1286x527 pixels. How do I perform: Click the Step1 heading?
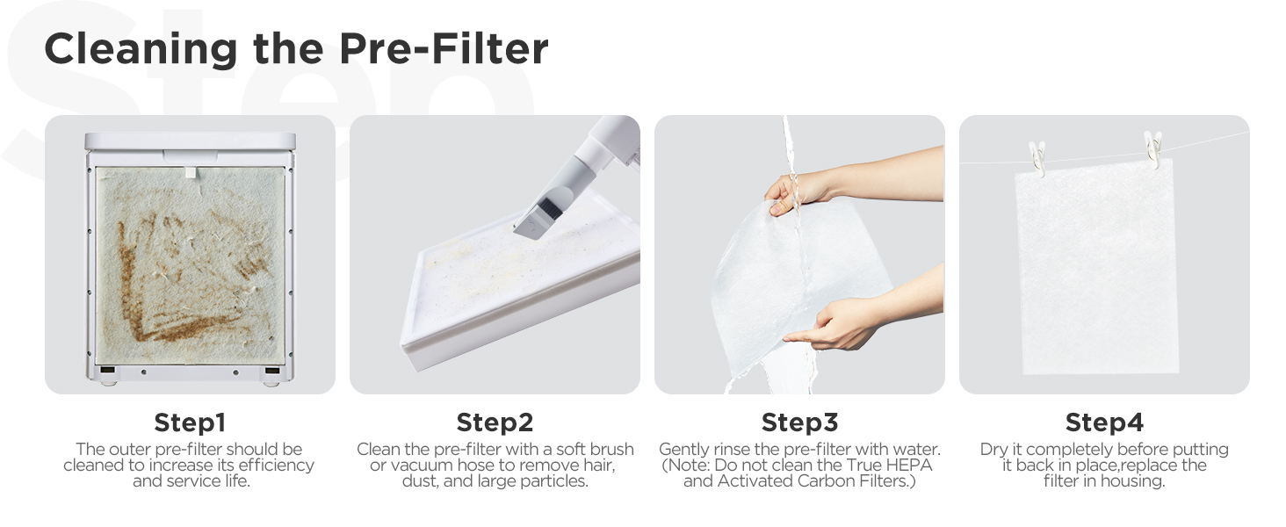pos(190,422)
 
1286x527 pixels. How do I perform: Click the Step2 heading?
pos(495,422)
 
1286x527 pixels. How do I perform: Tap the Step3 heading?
pos(799,422)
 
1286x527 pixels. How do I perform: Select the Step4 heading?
pos(1104,422)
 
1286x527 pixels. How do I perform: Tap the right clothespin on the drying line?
pos(1152,148)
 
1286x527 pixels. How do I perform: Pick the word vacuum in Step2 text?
pos(404,466)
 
